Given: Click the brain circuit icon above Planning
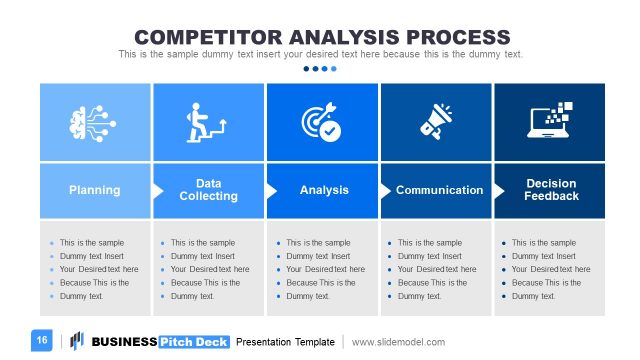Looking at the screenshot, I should tap(94, 123).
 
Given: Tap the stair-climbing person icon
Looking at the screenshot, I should tap(208, 123).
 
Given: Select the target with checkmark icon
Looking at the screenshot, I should tap(322, 123).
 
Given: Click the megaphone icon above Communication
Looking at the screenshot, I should tap(437, 123).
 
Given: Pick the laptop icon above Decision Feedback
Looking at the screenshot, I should tap(550, 121).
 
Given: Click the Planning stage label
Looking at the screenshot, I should tap(94, 190).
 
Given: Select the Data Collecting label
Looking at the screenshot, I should tap(208, 190).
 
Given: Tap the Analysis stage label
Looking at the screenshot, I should tap(324, 190).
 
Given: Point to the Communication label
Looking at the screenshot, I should tap(439, 190).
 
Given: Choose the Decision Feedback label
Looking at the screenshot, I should tap(551, 190).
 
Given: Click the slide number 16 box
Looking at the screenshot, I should tap(43, 341).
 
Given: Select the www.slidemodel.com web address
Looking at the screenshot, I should tap(398, 342).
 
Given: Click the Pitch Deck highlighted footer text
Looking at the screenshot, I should tap(194, 342).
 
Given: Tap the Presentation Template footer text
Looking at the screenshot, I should tap(285, 342).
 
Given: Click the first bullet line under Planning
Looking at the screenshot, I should tap(91, 242).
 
